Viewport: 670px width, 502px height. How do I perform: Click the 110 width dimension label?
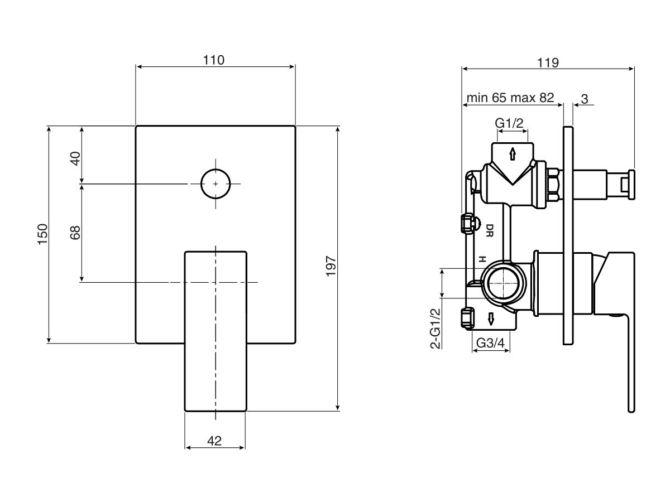tap(214, 60)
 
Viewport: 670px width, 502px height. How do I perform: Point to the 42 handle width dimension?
tap(214, 441)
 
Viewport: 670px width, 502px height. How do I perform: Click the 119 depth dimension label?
tap(548, 62)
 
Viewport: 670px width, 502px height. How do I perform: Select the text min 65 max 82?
tap(510, 98)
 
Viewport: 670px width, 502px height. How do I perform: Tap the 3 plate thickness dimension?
tap(584, 99)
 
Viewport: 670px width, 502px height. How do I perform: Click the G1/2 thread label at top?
tap(510, 123)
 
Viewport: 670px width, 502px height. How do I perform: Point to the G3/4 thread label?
tap(491, 344)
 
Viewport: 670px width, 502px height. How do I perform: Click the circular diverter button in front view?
tap(216, 184)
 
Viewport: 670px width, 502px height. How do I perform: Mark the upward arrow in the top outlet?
tap(512, 153)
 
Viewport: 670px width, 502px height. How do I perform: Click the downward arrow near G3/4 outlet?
tap(491, 319)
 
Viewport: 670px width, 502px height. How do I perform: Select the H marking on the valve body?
tap(480, 259)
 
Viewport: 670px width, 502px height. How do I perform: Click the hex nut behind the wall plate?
tap(553, 184)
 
